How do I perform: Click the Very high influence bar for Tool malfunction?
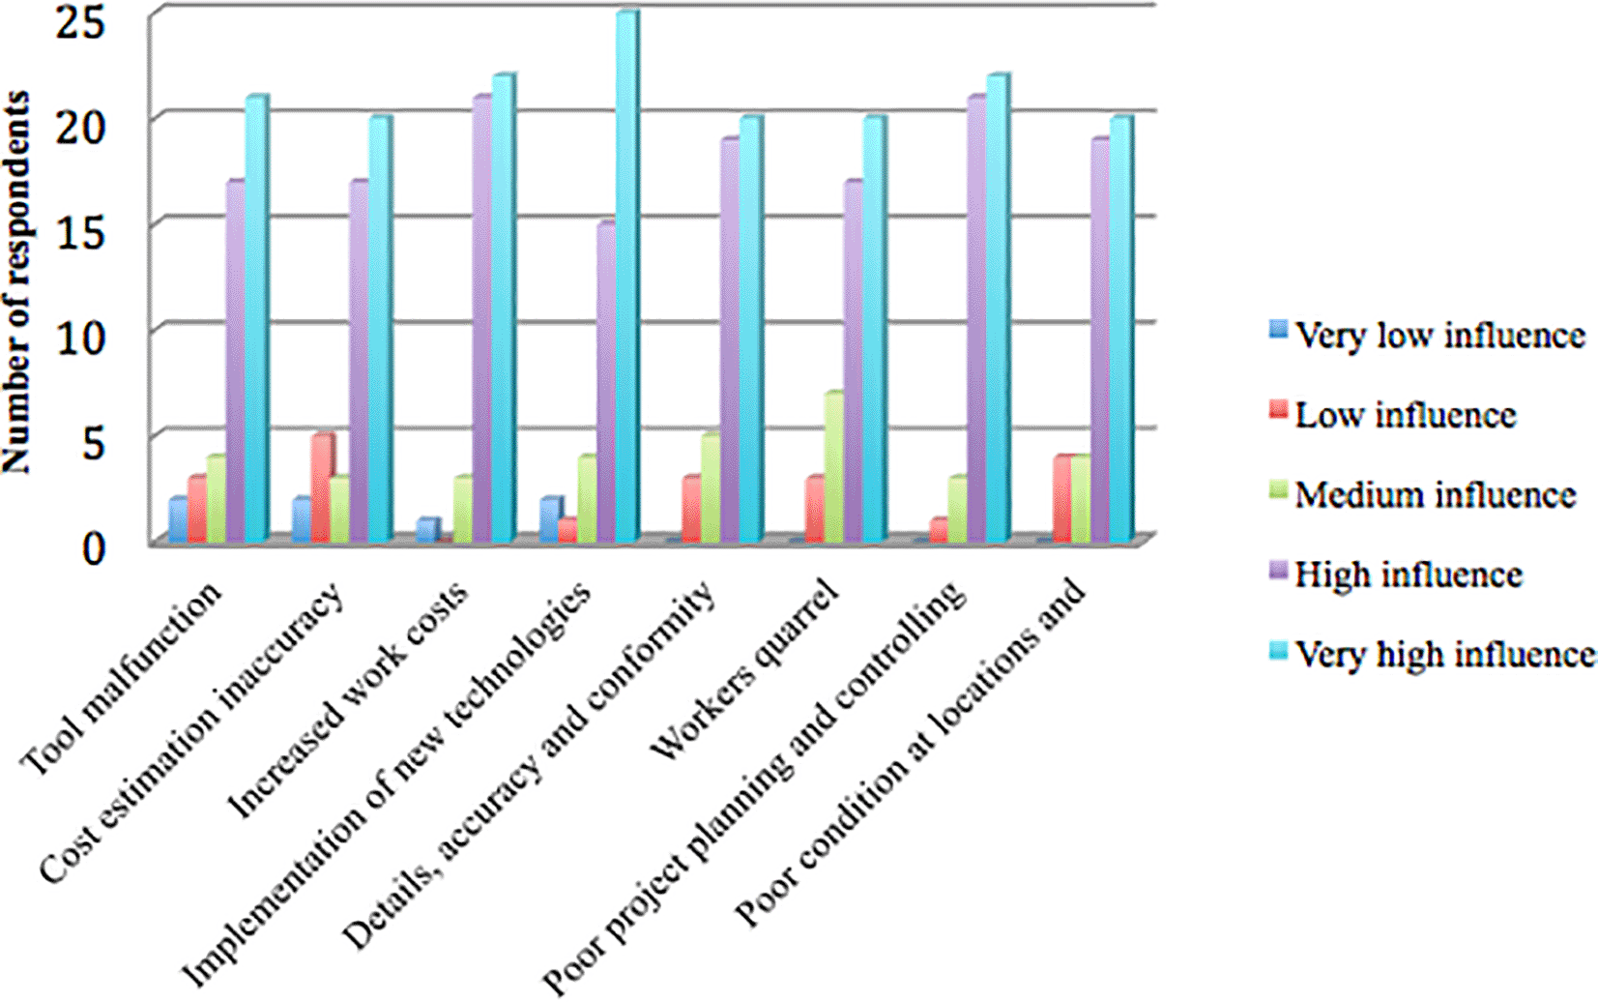tap(255, 319)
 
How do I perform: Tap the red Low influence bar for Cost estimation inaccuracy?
tap(321, 487)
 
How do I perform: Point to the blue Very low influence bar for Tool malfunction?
tap(179, 519)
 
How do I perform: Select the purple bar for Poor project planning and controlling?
tap(977, 319)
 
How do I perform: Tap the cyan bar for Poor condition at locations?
tap(1120, 329)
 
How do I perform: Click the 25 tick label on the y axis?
tap(79, 21)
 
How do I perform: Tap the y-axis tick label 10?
tap(79, 338)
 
